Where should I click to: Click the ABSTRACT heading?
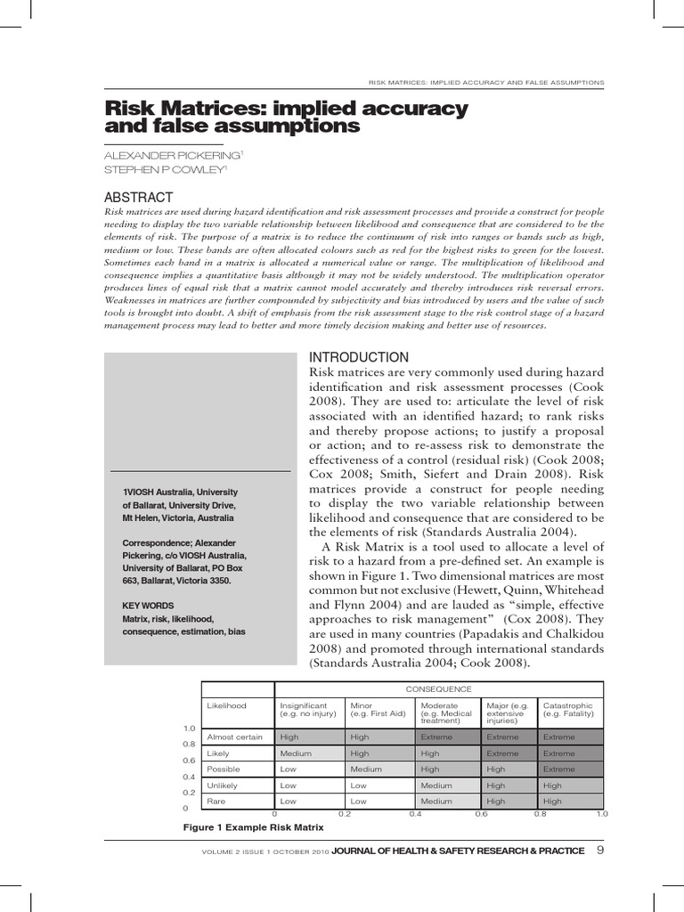[139, 197]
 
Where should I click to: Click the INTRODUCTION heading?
[358, 356]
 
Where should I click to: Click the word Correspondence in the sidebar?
[154, 541]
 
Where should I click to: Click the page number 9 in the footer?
[600, 851]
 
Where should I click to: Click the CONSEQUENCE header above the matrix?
[438, 689]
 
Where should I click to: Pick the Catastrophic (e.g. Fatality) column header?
[568, 709]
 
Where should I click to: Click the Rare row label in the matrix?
[216, 802]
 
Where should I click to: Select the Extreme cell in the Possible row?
[559, 769]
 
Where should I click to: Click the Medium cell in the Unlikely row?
[437, 786]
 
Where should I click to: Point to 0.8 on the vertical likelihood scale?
[189, 745]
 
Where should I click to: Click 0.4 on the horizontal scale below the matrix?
[415, 814]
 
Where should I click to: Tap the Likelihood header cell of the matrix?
[226, 705]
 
